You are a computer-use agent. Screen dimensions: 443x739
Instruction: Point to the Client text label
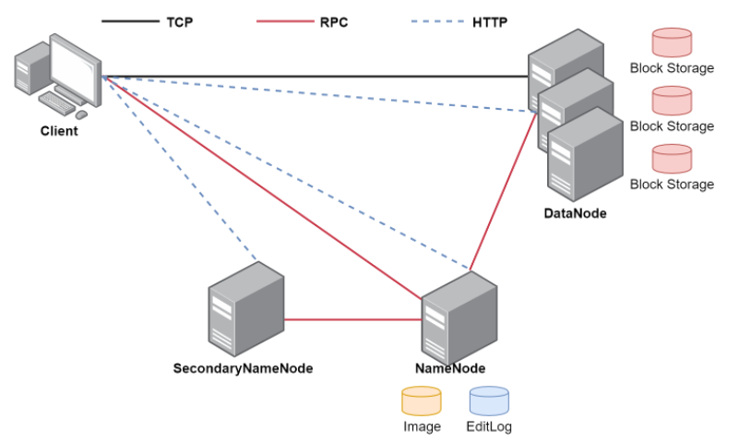59,131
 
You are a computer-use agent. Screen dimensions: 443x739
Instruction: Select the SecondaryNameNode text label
243,368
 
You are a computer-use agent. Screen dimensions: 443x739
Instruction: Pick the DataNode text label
576,214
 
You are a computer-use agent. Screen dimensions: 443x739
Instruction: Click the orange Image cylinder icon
422,401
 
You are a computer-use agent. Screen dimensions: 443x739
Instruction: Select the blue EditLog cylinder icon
489,401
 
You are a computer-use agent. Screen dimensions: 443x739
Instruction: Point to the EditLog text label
489,426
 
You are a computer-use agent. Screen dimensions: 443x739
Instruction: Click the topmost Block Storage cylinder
672,42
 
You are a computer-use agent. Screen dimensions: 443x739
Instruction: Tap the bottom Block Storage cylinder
672,159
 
